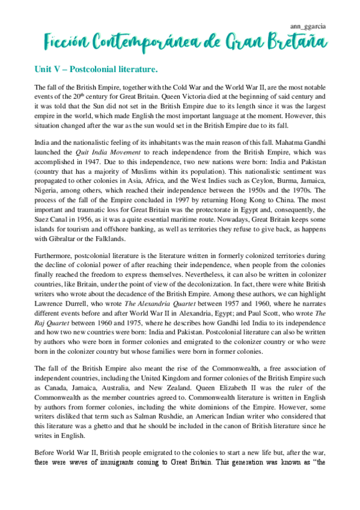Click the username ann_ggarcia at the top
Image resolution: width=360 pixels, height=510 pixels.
coord(309,26)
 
